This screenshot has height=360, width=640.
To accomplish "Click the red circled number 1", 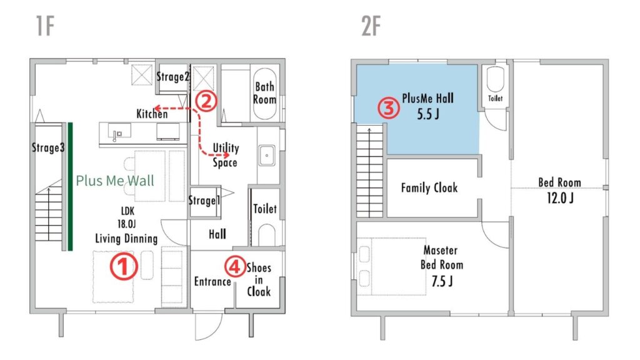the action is click(123, 266).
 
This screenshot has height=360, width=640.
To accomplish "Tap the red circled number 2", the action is click(206, 101).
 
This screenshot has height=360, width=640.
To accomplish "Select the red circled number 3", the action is click(389, 108).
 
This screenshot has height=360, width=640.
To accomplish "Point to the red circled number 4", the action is click(235, 266).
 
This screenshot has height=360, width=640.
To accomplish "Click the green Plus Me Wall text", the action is click(115, 181).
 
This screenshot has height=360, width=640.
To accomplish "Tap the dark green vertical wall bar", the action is click(70, 186).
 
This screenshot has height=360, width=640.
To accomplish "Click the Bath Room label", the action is click(264, 93).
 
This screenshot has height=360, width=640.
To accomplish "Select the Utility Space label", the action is click(225, 155).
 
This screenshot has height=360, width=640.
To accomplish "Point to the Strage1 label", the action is click(204, 200).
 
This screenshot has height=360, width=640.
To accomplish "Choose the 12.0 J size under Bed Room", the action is click(560, 198).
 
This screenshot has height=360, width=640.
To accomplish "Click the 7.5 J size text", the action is click(442, 281).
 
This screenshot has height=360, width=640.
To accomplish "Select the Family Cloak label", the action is click(429, 187).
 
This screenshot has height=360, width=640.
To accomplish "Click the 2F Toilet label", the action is click(495, 98).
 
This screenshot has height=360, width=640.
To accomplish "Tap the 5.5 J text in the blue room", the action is click(428, 114).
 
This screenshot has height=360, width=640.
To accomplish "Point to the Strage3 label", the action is click(48, 147).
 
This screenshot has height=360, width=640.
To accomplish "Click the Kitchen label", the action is click(152, 114).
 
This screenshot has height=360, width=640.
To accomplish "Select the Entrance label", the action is click(212, 281).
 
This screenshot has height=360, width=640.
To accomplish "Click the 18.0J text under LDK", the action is click(126, 224).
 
